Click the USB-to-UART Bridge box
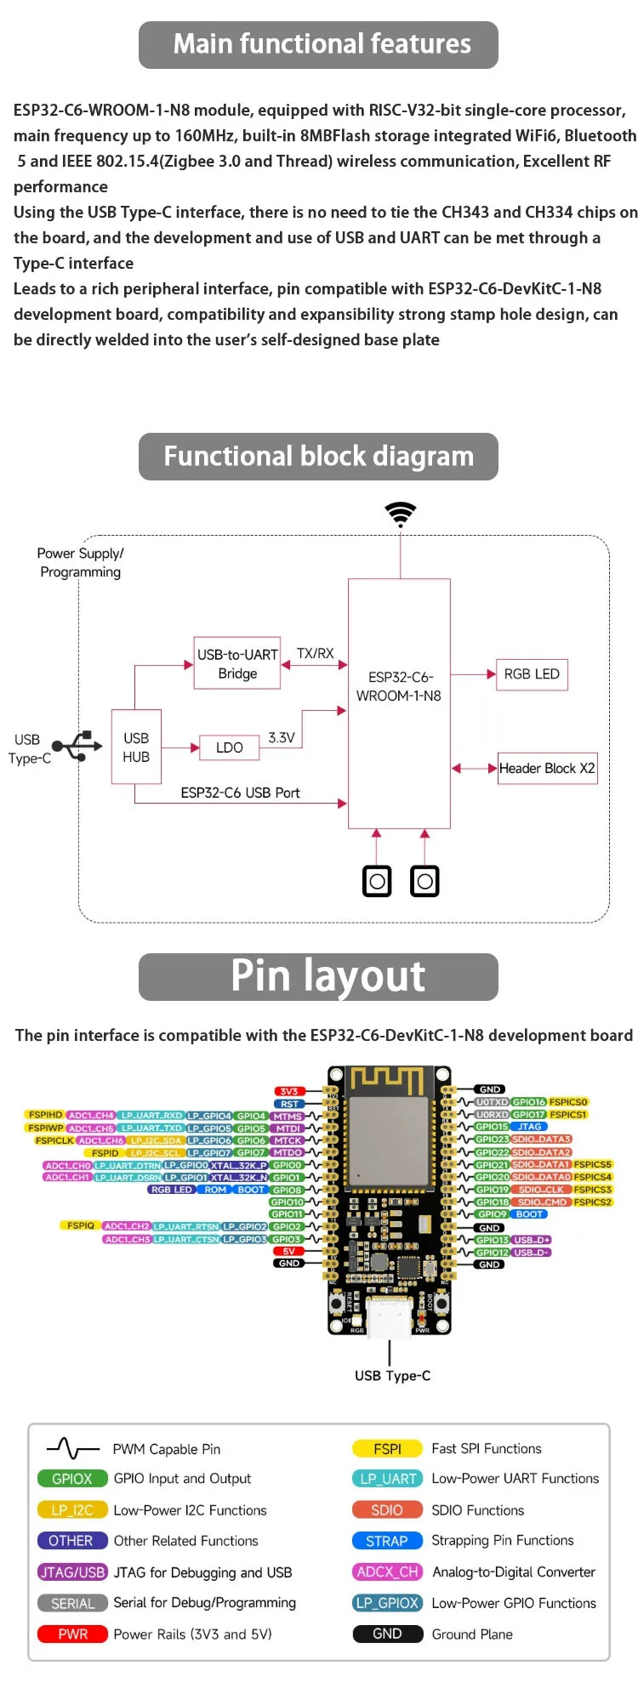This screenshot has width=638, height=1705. tap(237, 663)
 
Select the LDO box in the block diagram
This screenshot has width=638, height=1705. tap(230, 747)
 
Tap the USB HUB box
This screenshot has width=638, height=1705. tap(136, 747)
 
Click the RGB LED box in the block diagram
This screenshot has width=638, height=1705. tap(532, 674)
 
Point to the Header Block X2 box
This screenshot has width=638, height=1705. tap(547, 768)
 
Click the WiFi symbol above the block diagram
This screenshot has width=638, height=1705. tap(401, 513)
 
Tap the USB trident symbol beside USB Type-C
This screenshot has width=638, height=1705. tap(77, 746)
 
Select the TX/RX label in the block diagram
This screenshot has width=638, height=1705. tap(315, 653)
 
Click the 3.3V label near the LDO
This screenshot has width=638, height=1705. tap(282, 737)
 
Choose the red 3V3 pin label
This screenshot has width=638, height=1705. tap(289, 1091)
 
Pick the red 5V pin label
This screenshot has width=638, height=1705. tap(289, 1251)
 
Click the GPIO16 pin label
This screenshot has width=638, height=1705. tap(528, 1102)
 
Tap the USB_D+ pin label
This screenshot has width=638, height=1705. tap(532, 1240)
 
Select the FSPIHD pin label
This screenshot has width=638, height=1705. tap(45, 1115)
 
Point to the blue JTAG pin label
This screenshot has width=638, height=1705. tap(529, 1127)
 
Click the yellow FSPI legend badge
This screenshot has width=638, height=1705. tap(387, 1448)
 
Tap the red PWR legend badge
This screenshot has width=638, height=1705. tap(73, 1634)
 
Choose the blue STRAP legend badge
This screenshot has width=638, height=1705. tap(387, 1541)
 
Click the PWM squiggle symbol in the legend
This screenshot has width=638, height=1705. tap(73, 1447)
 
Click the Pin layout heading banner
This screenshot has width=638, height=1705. tap(318, 976)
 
